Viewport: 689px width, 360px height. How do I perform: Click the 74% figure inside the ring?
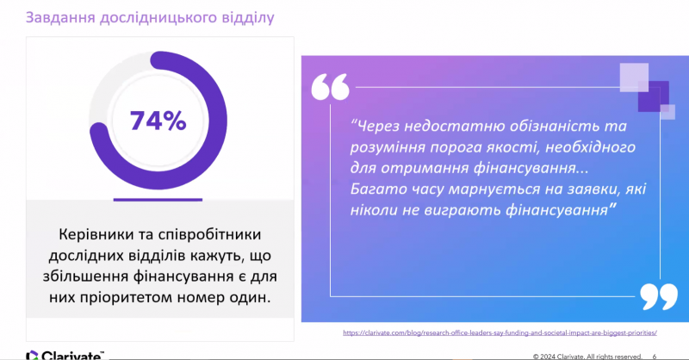(x=158, y=121)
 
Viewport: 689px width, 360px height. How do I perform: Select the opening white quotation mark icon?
(x=331, y=86)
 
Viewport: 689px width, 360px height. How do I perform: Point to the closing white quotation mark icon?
(x=659, y=297)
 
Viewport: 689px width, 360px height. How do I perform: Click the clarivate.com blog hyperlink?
(x=500, y=332)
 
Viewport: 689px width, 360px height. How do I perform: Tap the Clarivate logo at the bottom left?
(x=65, y=355)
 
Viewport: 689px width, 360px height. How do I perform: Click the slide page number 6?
(x=655, y=357)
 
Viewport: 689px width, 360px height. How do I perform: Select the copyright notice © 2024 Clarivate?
(x=587, y=357)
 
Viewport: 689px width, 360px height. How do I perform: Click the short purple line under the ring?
(x=158, y=200)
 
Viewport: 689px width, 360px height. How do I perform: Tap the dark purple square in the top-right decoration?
(x=654, y=97)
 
